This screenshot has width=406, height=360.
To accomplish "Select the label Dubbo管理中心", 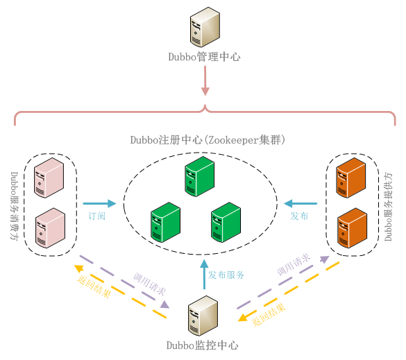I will (x=204, y=58).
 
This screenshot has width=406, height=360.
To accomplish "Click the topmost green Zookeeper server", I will (x=198, y=176).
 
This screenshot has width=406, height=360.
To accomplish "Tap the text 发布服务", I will (x=226, y=275).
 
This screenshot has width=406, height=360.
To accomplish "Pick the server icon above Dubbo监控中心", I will (x=203, y=316).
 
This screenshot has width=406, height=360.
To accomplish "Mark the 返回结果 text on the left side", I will (x=93, y=284).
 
